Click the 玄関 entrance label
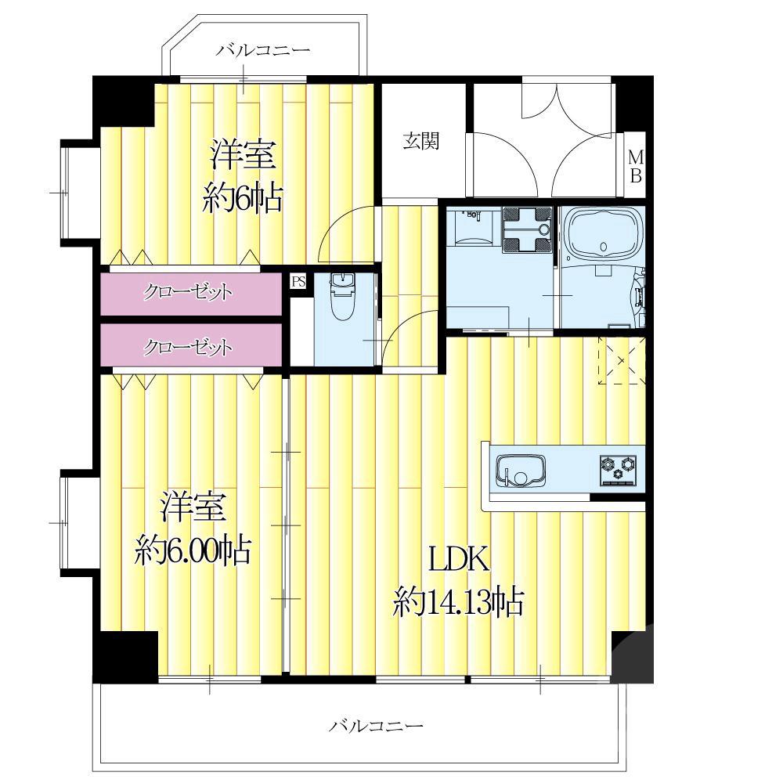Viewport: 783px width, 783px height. (421, 141)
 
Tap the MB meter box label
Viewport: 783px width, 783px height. (635, 167)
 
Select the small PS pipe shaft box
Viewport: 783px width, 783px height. (298, 281)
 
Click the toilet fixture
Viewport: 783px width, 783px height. (342, 296)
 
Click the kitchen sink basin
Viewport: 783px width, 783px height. (520, 471)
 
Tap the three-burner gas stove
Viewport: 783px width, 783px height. (619, 469)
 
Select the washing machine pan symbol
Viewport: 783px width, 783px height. (527, 228)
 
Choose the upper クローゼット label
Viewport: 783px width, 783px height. (188, 292)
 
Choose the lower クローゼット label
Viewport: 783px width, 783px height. (188, 347)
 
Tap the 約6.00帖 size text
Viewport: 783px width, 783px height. (193, 550)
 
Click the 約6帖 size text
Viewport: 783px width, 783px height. (242, 198)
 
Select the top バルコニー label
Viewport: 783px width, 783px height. (263, 50)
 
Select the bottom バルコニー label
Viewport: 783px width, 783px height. (376, 725)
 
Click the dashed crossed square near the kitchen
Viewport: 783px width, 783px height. (622, 360)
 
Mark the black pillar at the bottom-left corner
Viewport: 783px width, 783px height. (126, 657)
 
